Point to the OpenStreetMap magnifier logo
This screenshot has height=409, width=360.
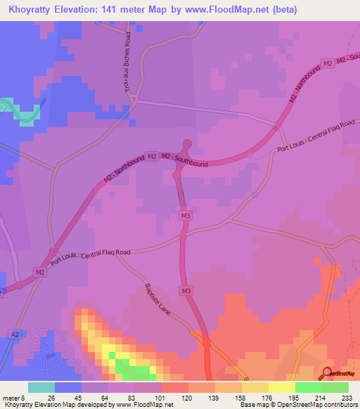327,373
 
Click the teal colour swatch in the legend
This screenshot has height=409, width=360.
41,387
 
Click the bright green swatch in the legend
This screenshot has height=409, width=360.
308,387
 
